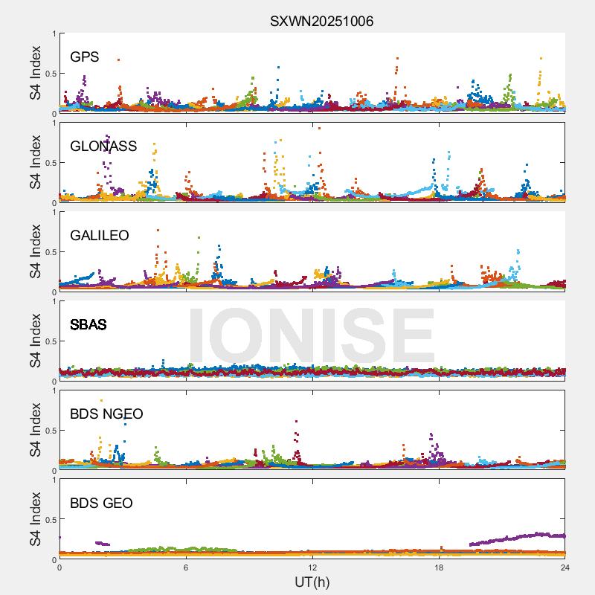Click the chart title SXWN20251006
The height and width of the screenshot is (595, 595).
321,21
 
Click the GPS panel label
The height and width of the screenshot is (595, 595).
85,57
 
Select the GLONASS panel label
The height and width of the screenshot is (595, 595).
103,147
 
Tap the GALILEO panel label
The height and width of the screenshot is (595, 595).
100,236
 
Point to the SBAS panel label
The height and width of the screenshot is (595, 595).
89,325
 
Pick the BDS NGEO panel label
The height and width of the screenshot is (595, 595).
106,414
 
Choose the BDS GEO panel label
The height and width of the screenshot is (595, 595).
101,504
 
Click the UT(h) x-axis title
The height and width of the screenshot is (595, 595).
312,582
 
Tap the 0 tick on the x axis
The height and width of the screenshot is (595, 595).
59,567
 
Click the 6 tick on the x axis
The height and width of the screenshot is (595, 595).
186,567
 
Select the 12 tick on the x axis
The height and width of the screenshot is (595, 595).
312,567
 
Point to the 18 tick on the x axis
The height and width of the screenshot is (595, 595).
439,567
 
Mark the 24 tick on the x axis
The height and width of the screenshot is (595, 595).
565,567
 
